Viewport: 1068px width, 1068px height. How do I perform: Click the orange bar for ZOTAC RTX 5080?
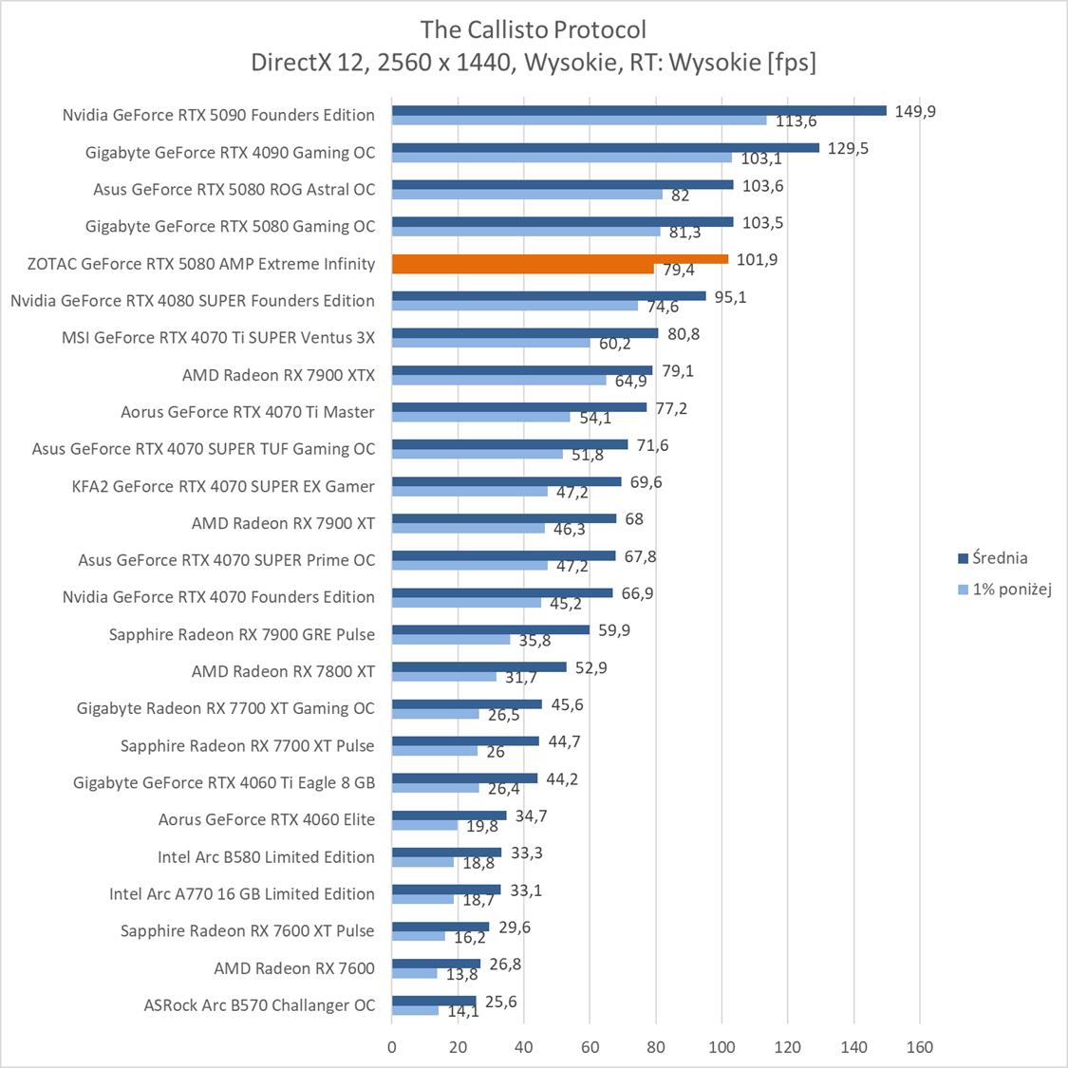[x=560, y=259]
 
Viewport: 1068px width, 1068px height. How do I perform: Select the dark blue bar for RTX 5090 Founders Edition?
[x=638, y=110]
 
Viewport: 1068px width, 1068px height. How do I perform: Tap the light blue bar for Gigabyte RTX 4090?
[x=562, y=158]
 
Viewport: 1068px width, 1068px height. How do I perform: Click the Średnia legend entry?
[x=992, y=558]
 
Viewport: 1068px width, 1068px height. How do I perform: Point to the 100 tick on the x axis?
[x=721, y=1047]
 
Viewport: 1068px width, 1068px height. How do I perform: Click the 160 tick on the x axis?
[x=920, y=1047]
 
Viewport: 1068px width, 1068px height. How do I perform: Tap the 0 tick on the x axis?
[x=392, y=1047]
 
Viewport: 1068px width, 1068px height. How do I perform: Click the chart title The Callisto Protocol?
[x=534, y=29]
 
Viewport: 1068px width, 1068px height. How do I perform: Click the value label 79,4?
[x=679, y=271]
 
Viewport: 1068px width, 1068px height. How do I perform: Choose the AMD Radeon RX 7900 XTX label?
[x=278, y=375]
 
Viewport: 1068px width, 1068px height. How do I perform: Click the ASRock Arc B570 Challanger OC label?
[x=259, y=1005]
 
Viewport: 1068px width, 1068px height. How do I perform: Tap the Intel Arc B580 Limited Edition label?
[x=266, y=857]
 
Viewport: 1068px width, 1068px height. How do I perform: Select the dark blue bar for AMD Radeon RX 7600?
[x=436, y=964]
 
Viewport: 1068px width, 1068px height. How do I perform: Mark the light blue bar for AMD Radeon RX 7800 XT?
[x=443, y=677]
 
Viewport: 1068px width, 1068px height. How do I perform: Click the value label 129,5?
[x=848, y=148]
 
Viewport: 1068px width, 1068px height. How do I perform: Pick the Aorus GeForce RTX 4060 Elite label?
[x=267, y=819]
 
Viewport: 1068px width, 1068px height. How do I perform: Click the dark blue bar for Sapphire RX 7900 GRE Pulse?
[x=490, y=629]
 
